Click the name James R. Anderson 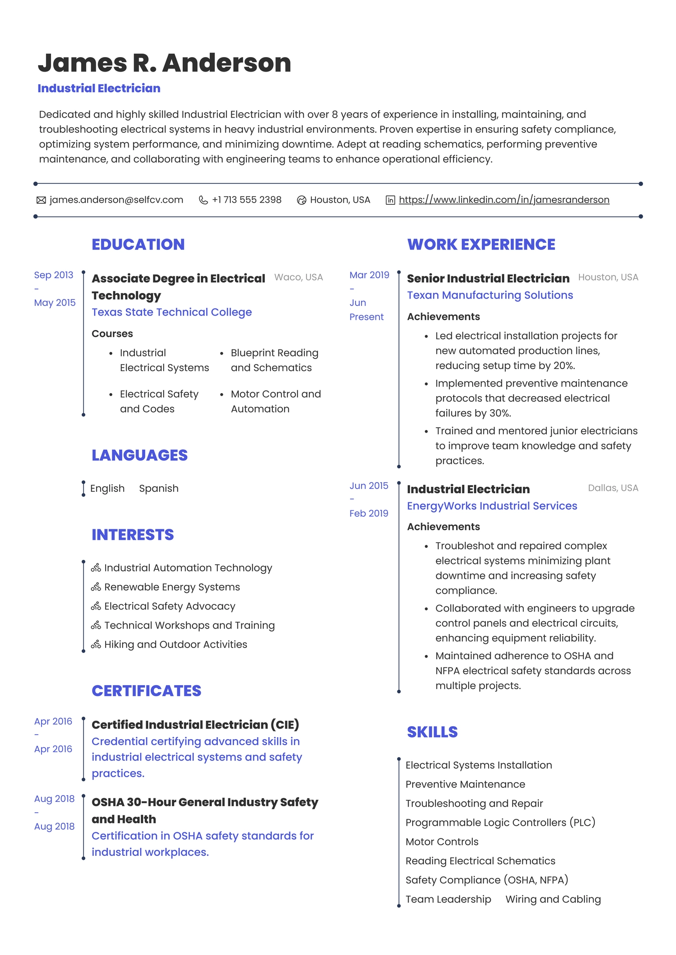(x=164, y=63)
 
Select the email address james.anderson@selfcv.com (x=116, y=200)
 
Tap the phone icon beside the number (x=203, y=200)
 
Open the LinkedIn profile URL (x=504, y=200)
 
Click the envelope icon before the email (x=41, y=200)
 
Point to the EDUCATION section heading (x=138, y=244)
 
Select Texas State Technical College (x=171, y=312)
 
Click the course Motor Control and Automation (x=275, y=401)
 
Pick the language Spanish (x=158, y=488)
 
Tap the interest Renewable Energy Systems (x=172, y=587)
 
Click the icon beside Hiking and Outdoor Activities (x=96, y=645)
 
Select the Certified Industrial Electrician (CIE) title (x=195, y=725)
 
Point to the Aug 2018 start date (x=54, y=799)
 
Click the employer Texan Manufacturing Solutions (x=490, y=295)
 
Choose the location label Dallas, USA (x=612, y=488)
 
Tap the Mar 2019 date (x=369, y=275)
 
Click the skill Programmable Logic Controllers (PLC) (x=500, y=822)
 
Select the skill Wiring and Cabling (x=553, y=899)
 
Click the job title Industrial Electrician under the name (x=99, y=88)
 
